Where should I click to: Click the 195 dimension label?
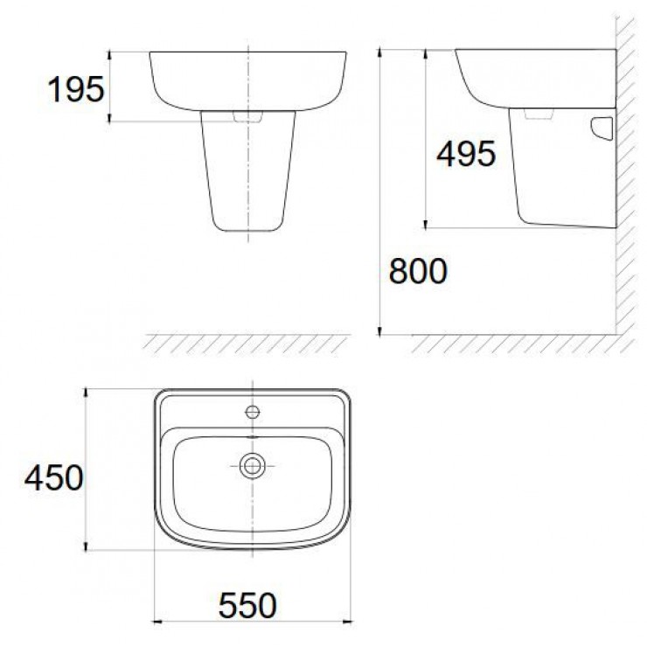tap(75, 89)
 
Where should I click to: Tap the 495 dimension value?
tap(465, 155)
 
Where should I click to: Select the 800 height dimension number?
tap(417, 273)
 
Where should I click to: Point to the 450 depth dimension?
tap(53, 477)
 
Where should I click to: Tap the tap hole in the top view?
tap(253, 411)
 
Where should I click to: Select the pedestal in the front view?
tap(249, 175)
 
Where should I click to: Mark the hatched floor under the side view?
tap(516, 343)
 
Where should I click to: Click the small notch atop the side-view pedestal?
tap(539, 115)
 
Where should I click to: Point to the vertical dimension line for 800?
tap(381, 192)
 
